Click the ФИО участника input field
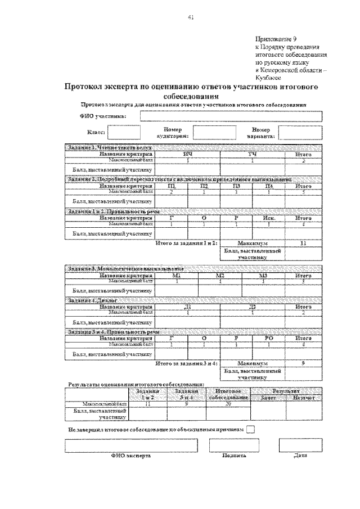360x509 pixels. tap(231, 116)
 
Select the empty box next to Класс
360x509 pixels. tap(123, 132)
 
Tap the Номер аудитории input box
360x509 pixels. tap(210, 132)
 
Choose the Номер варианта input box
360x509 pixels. tap(300, 132)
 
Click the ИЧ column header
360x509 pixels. tap(187, 154)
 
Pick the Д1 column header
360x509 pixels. tap(187, 307)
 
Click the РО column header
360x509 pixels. tap(269, 339)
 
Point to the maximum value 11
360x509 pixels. tap(303, 243)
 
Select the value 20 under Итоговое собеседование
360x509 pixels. tap(228, 404)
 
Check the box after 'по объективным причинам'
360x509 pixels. tap(251, 429)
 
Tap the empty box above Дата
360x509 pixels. tap(300, 445)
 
